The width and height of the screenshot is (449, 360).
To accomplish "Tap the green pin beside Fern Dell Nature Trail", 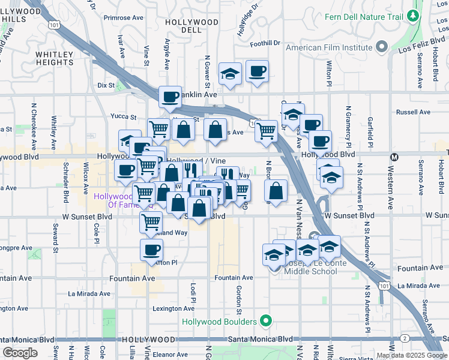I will pos(412,16).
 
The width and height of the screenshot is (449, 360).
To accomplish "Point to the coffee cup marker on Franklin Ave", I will pos(170,96).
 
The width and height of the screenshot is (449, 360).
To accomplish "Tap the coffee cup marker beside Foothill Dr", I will pos(257,71).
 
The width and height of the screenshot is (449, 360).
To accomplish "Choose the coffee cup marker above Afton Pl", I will pos(151,249).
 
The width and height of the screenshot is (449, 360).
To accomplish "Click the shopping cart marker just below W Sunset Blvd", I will pos(151,222).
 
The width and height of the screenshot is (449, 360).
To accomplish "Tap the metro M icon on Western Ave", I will pos(394,157).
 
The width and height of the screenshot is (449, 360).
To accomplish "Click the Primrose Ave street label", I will pos(123,17).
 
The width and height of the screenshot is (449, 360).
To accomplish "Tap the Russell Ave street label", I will pos(413,112).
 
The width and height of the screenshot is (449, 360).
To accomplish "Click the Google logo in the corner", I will pos(20,353).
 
